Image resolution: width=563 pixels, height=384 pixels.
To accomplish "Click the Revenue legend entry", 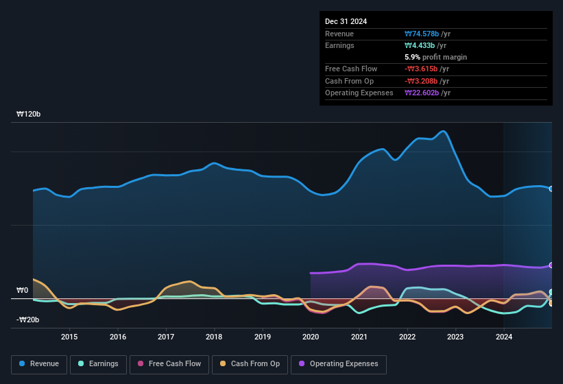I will pos(40,364).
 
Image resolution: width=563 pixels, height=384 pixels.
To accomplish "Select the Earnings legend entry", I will pos(98,364).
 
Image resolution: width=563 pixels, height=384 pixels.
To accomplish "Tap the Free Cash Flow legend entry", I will pos(169,364).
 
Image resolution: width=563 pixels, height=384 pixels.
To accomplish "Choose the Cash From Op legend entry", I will pos(250,364).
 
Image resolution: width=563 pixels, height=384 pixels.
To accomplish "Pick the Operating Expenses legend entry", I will pos(338,364).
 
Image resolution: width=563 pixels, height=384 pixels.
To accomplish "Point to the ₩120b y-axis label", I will pos(29,115).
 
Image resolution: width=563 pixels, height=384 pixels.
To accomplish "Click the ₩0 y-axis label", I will pos(23,290).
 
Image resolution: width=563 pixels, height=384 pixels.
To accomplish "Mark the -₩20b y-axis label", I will pos(27,320).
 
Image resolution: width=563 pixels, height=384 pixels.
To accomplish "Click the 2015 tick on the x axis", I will pos(69,337).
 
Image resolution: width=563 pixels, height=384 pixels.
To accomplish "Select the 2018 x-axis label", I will pos(214,337).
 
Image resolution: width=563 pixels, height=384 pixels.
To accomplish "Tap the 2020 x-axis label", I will pos(311,337).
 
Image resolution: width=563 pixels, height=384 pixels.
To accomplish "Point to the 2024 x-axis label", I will pos(504,337).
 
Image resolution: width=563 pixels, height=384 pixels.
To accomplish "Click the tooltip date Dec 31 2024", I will pos(346,21).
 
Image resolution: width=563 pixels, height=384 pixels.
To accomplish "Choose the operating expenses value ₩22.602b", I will pos(422,93).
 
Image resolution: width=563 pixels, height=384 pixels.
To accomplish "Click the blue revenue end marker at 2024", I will pos(551,189).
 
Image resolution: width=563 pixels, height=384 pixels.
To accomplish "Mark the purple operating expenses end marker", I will pos(551,265).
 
